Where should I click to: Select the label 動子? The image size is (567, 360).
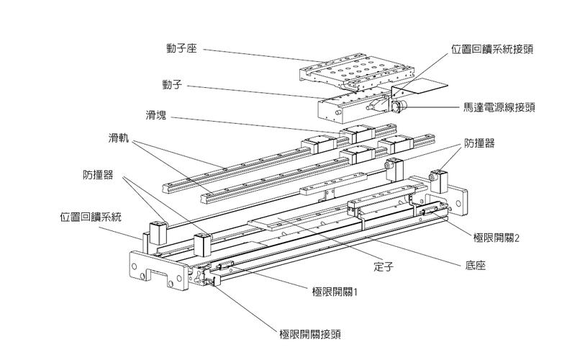[x=175, y=84]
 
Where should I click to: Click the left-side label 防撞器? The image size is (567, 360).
[x=98, y=174]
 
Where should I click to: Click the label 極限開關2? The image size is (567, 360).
[x=496, y=236]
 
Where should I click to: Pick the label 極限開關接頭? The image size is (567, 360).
[x=309, y=334]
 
